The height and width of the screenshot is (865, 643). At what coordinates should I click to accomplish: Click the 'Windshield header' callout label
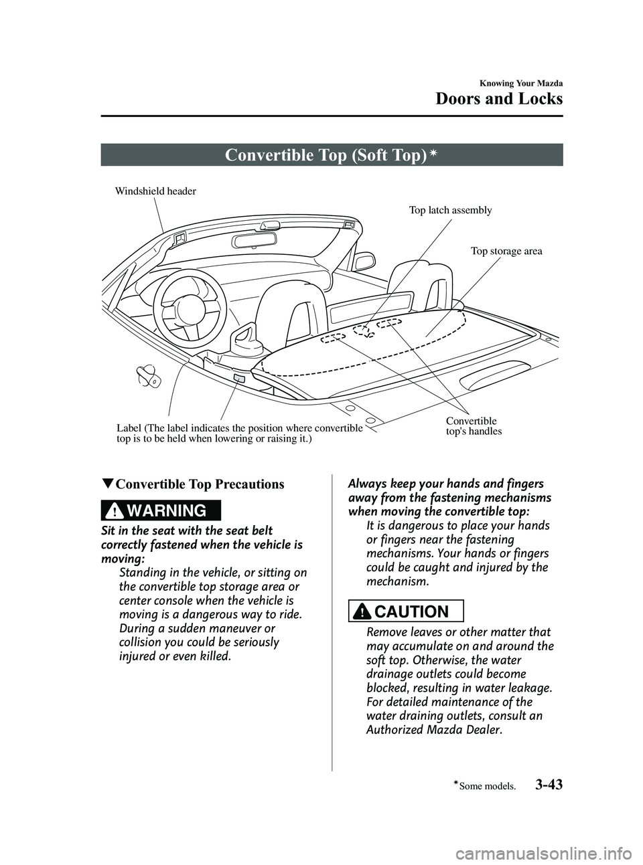pos(155,191)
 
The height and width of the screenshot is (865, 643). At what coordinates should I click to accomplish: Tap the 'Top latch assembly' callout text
pos(450,210)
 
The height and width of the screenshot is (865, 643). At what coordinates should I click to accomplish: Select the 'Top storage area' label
pos(506,252)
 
